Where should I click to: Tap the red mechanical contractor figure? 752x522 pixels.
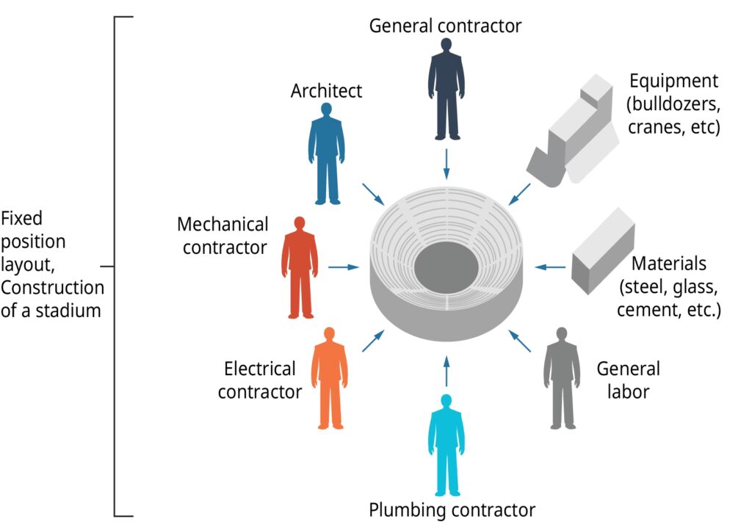(x=300, y=268)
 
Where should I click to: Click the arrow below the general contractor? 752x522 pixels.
(x=446, y=164)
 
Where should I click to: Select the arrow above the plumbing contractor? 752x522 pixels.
(x=446, y=370)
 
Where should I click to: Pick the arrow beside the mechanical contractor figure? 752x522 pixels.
(x=343, y=267)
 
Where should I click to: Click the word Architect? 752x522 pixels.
(x=326, y=91)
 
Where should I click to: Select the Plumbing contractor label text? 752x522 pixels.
(x=452, y=509)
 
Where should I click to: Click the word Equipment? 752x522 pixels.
(x=673, y=81)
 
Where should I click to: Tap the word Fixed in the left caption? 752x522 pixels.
(x=21, y=218)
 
